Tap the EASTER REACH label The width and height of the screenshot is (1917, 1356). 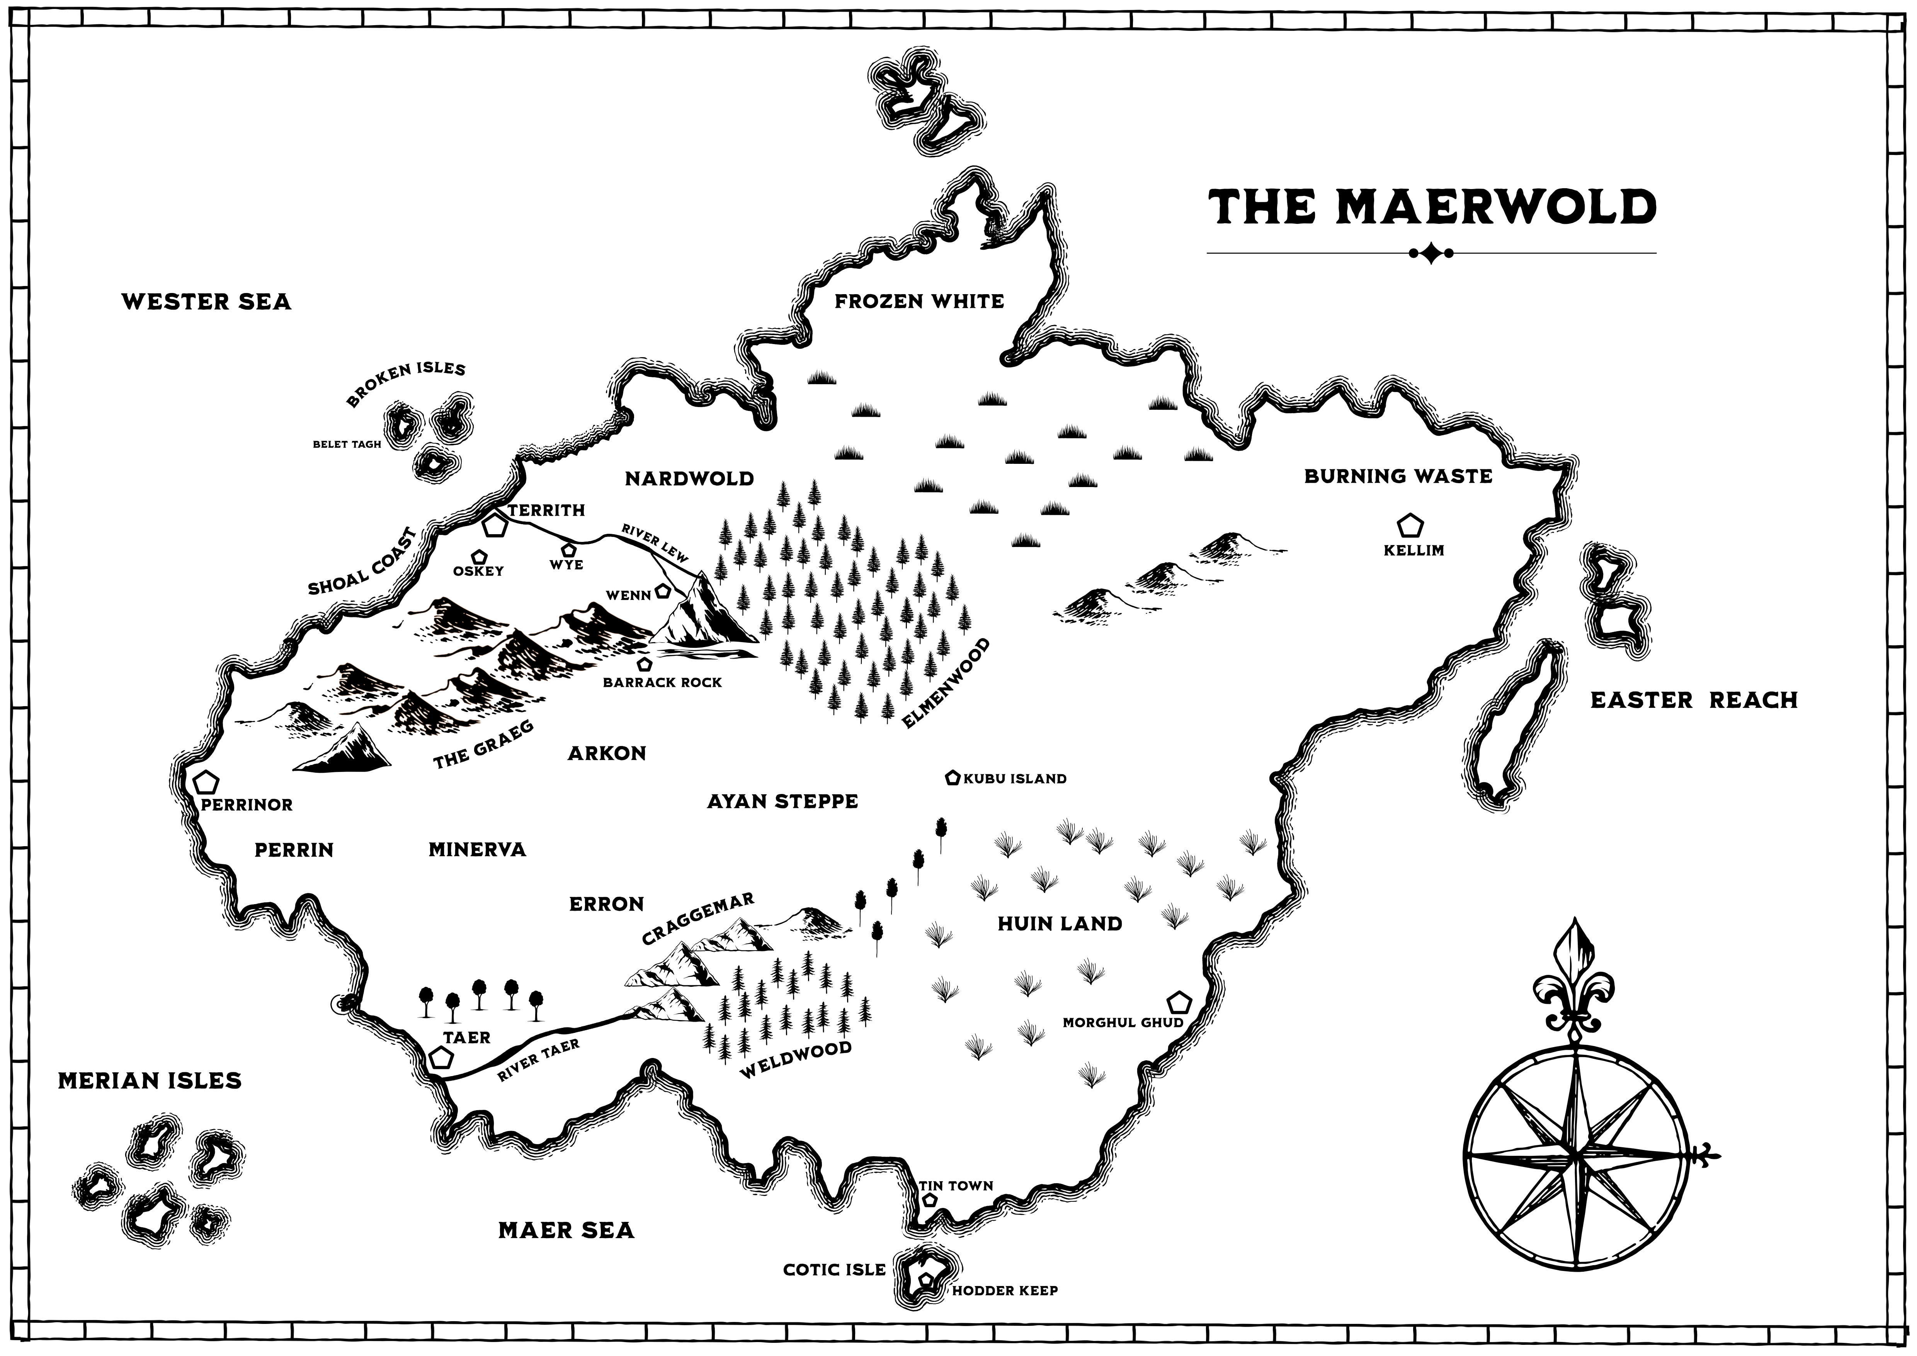[1693, 700]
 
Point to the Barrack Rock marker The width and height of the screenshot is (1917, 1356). [644, 664]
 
